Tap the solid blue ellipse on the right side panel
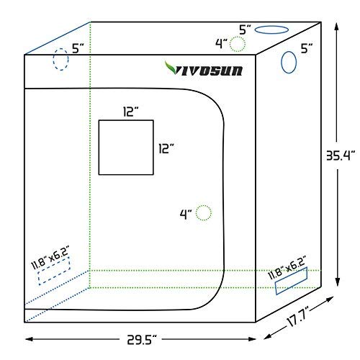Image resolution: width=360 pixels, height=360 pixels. (x=289, y=63)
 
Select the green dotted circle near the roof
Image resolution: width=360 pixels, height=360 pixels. (x=236, y=45)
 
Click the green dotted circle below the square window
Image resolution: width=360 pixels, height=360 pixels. (x=204, y=212)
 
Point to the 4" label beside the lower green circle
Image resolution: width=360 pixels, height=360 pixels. (x=186, y=214)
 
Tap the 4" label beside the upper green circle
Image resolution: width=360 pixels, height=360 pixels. (x=221, y=42)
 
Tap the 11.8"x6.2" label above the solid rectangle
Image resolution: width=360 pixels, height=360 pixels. (x=290, y=263)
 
